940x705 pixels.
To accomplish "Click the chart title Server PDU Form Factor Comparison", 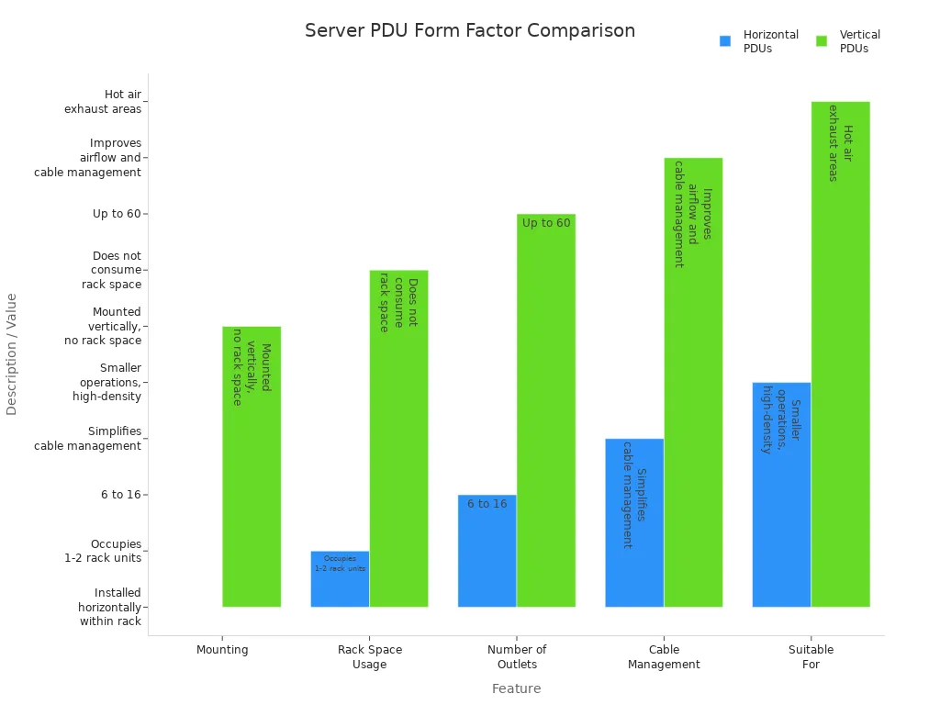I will pos(469,30).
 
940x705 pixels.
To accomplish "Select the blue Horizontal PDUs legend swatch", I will pos(725,41).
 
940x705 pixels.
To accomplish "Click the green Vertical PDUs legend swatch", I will pos(822,41).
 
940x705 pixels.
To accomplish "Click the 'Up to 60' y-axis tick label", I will pos(118,214).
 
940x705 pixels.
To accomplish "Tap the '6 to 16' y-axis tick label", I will pos(120,495).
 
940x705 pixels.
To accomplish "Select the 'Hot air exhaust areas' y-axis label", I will pos(103,102).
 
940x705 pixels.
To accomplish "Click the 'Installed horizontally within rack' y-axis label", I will pos(109,607).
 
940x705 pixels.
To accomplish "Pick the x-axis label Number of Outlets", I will pos(517,656).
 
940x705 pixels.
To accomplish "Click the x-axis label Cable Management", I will pos(664,656).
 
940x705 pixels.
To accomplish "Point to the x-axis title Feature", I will pos(516,688).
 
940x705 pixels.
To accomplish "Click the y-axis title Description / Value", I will pos(12,353).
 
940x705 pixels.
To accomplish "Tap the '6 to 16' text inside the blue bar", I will pos(487,504).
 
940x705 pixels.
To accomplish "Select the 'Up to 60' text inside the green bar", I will pos(546,223).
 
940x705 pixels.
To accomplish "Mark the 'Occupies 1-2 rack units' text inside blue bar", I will pos(340,564).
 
